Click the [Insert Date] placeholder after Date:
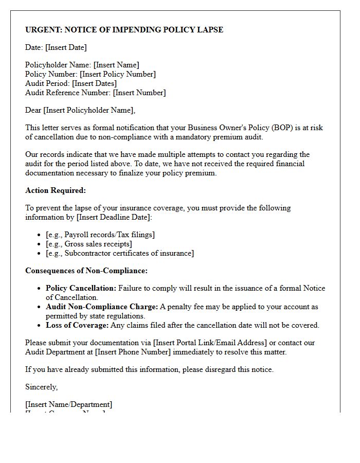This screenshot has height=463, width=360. (x=66, y=47)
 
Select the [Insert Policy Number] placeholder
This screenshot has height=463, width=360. (x=117, y=74)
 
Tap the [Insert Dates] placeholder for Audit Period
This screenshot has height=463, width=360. (x=94, y=83)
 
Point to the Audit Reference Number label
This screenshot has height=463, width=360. (x=68, y=93)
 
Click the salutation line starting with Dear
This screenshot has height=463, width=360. (x=80, y=110)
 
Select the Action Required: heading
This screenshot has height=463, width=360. (x=56, y=190)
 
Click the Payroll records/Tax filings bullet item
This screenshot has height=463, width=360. (x=100, y=235)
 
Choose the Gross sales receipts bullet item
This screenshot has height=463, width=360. (x=88, y=244)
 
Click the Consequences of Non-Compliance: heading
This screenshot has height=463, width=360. (x=86, y=271)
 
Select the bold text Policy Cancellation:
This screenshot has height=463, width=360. (x=81, y=288)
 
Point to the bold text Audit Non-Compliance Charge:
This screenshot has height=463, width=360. (x=102, y=307)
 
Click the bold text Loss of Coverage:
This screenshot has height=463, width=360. (x=77, y=325)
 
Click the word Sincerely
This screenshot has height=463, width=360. (x=42, y=387)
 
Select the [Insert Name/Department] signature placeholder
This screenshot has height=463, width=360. (x=68, y=404)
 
